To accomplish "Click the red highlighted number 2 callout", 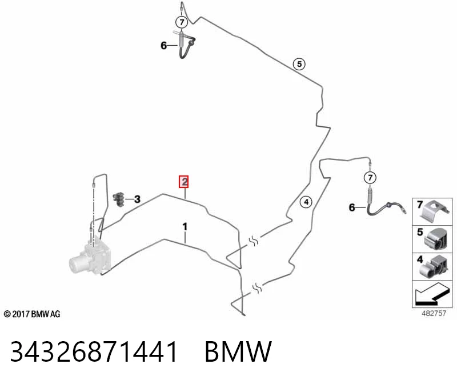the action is pos(184,182).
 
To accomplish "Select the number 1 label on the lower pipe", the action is pos(185,226).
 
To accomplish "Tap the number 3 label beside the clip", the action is pos(137,199).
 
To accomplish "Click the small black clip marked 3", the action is pos(118,199).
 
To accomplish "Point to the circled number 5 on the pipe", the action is pos(299,64).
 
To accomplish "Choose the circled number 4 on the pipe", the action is pos(306,202).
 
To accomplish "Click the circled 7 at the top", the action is pos(182,22).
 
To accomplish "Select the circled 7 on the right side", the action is pos(370,178).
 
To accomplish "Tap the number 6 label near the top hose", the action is pos(164,46).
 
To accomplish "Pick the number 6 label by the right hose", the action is pos(352,207).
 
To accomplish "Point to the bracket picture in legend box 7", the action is pos(435,210).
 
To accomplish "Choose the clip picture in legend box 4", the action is pos(434,266).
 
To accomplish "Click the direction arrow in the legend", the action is pos(431,294).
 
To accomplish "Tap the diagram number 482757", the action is pos(434,313).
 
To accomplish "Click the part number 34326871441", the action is pos(94,351).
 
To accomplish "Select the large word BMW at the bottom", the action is pos(238,351).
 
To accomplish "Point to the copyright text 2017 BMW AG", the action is pos(32,314).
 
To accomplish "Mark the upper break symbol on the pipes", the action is pos(253,241).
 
